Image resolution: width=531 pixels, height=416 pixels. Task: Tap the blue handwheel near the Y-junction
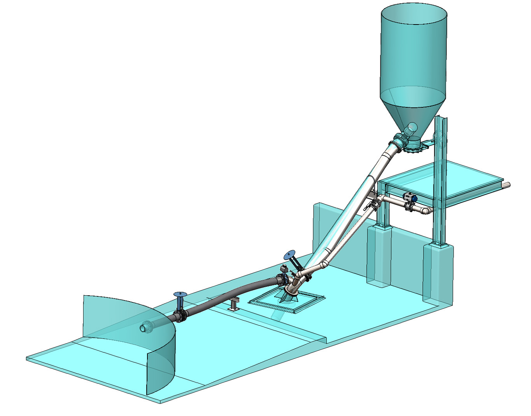click(x=290, y=255)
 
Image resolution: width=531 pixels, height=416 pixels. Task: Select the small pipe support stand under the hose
click(x=234, y=304)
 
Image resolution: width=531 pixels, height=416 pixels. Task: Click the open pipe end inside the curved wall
click(x=144, y=328)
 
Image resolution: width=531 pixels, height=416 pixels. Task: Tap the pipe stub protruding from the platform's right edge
click(x=505, y=185)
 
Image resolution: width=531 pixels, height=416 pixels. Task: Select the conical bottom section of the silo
click(x=412, y=113)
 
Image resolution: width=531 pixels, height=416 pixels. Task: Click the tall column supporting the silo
click(x=440, y=179)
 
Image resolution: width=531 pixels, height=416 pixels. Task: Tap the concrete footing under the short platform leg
click(x=379, y=257)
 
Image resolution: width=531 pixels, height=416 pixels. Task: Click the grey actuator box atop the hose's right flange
click(x=284, y=269)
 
